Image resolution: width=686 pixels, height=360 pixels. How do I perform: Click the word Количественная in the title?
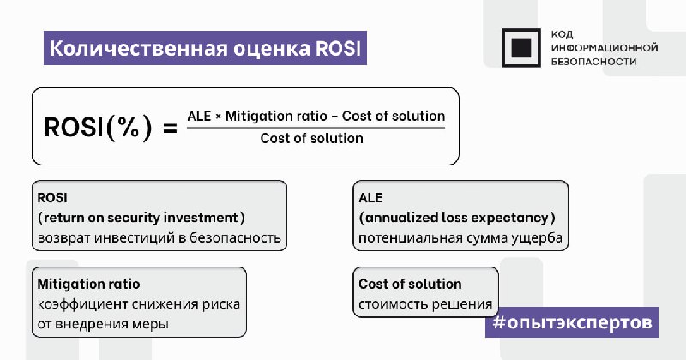pyautogui.click(x=138, y=49)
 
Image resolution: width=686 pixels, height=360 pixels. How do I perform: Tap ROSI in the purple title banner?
pyautogui.click(x=339, y=49)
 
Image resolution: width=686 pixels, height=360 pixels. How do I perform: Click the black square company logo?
pyautogui.click(x=521, y=48)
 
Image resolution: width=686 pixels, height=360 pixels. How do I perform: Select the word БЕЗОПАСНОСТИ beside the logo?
pyautogui.click(x=593, y=62)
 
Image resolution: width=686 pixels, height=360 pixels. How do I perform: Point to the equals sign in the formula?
pyautogui.click(x=170, y=129)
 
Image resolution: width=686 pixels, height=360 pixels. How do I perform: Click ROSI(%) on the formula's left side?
pyautogui.click(x=99, y=128)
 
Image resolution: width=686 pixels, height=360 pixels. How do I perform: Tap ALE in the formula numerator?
pyautogui.click(x=199, y=117)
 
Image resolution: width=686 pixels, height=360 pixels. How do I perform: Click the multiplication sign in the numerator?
pyautogui.click(x=218, y=117)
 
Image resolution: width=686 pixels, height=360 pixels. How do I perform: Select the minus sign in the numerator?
pyautogui.click(x=334, y=117)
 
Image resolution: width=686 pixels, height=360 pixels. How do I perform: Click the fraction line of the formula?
pyautogui.click(x=316, y=128)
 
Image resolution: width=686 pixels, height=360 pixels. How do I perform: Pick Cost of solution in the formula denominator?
pyautogui.click(x=311, y=138)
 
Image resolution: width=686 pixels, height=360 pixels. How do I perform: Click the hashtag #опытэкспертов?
pyautogui.click(x=572, y=322)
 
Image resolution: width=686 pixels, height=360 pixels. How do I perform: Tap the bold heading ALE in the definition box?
pyautogui.click(x=370, y=198)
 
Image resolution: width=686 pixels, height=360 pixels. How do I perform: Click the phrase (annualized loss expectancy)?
pyautogui.click(x=457, y=218)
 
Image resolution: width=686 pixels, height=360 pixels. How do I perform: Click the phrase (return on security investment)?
pyautogui.click(x=141, y=218)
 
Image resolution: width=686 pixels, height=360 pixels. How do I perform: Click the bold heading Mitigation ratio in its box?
pyautogui.click(x=89, y=284)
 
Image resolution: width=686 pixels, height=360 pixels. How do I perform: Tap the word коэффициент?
pyautogui.click(x=82, y=304)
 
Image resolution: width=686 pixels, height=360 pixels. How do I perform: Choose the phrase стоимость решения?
pyautogui.click(x=425, y=304)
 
